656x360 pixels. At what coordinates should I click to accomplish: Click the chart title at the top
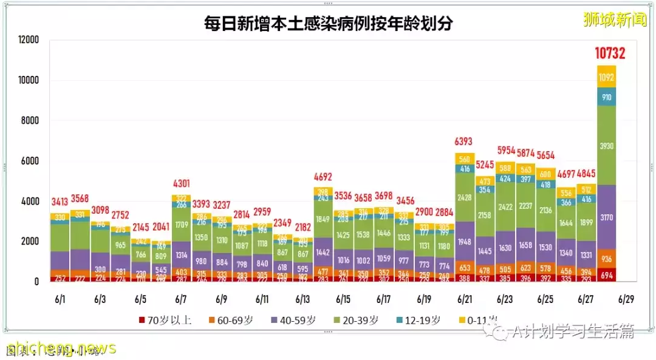[328, 24]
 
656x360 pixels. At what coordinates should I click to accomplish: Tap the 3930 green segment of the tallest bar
[606, 146]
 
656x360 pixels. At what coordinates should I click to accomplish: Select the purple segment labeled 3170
[606, 216]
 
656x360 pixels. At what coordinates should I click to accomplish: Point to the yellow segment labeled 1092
[606, 77]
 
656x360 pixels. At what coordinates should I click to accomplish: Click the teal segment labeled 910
[606, 97]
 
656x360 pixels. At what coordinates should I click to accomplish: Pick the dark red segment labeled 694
[606, 275]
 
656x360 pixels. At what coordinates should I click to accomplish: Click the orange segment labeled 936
[606, 259]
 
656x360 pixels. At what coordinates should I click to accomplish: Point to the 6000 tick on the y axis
[29, 161]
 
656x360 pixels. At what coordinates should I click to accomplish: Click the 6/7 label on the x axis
[180, 299]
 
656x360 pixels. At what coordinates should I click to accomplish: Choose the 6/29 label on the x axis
[626, 299]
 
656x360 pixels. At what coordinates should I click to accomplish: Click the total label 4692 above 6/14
[323, 178]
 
